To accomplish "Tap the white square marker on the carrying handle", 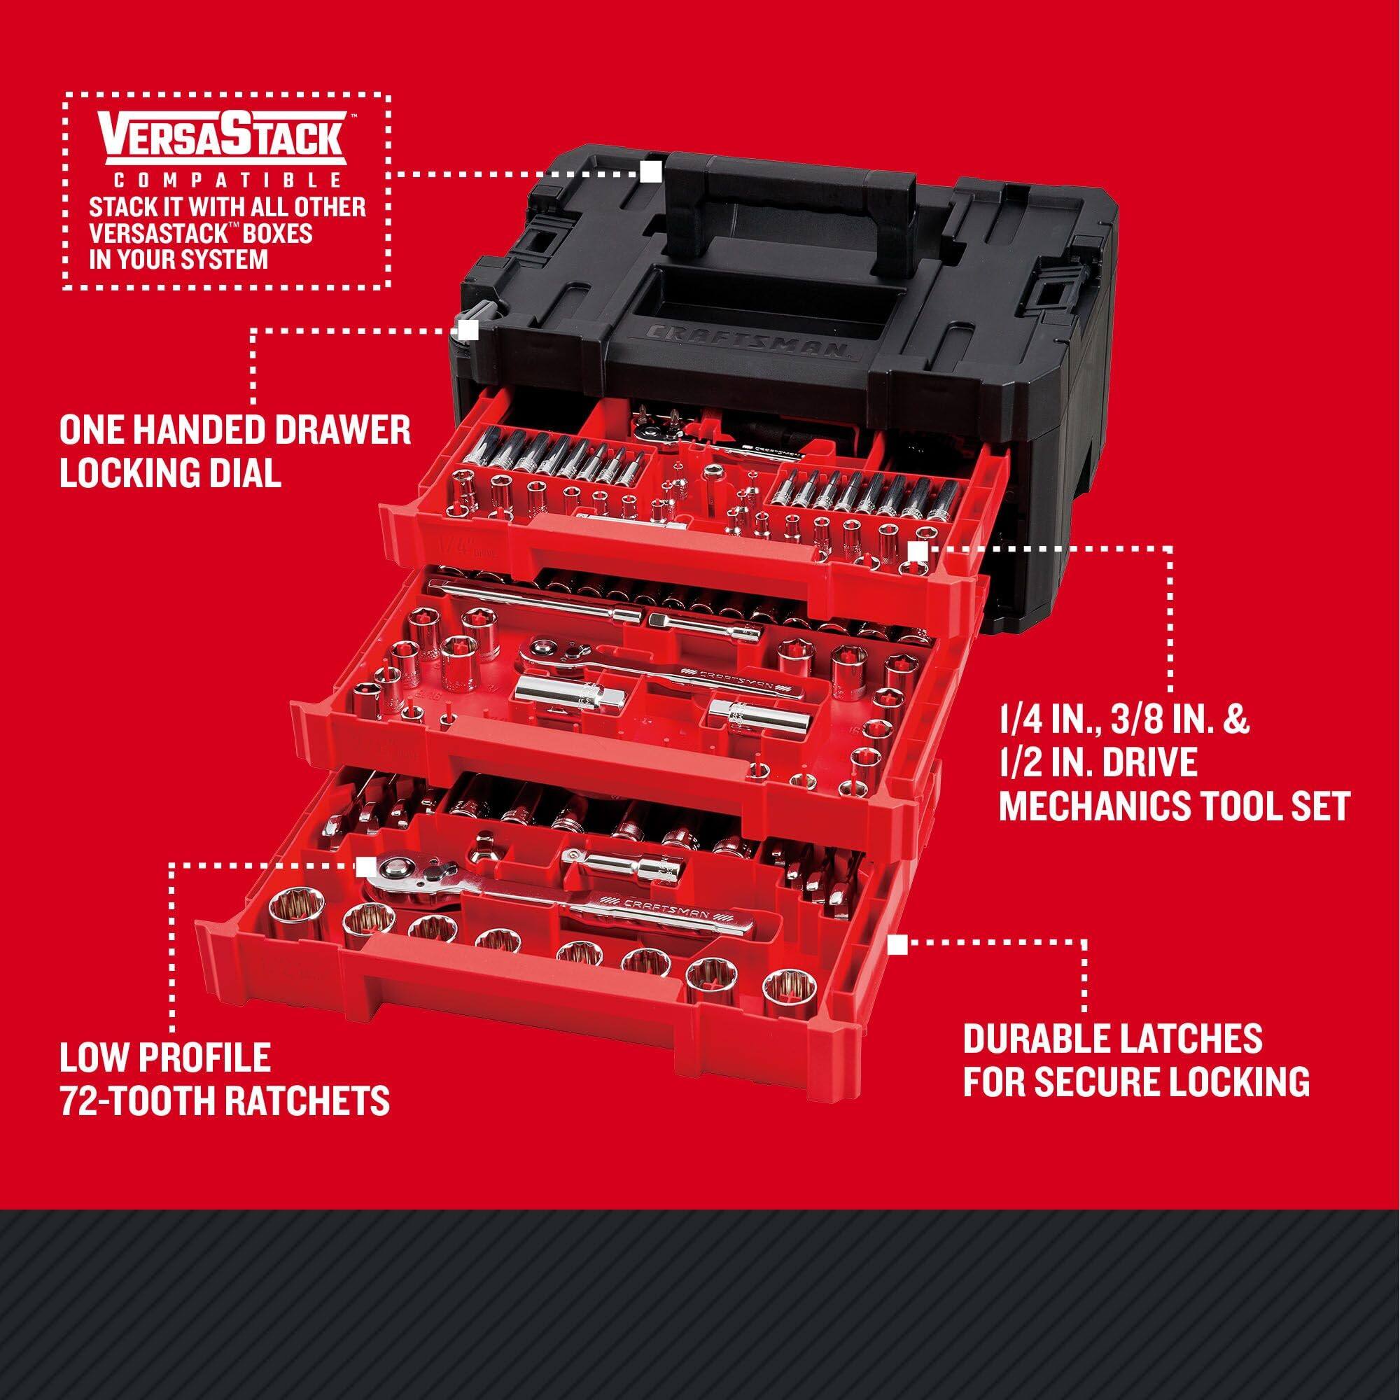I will pyautogui.click(x=650, y=171).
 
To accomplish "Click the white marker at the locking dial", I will pyautogui.click(x=468, y=330).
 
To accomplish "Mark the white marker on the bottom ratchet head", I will pyautogui.click(x=367, y=864).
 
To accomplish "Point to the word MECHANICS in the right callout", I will pyautogui.click(x=1087, y=806).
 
